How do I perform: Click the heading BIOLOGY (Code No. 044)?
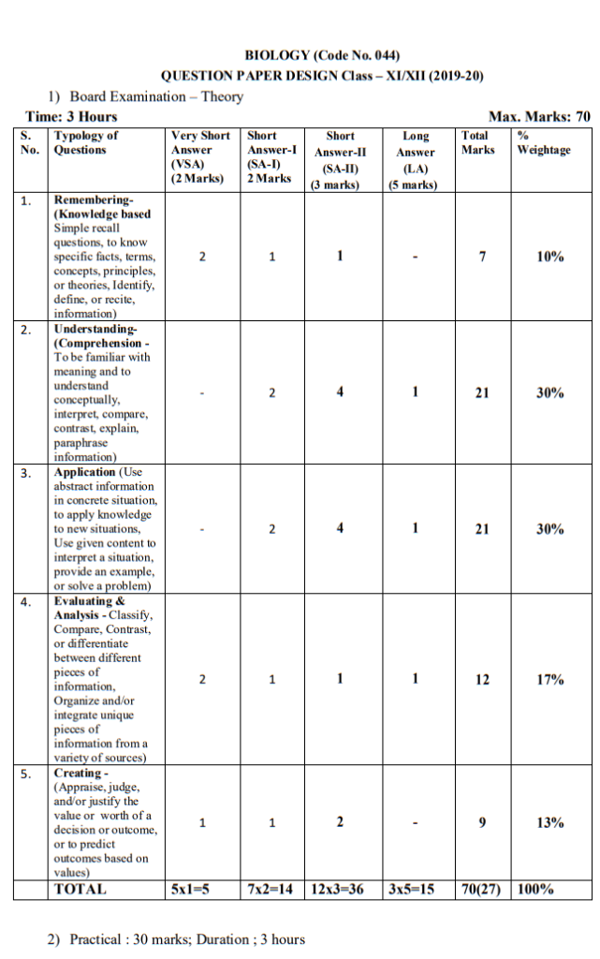tap(322, 56)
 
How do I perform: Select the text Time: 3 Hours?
tap(71, 116)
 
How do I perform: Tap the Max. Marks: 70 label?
tap(539, 116)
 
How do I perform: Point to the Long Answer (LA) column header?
tap(415, 160)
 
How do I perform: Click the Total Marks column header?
tap(477, 142)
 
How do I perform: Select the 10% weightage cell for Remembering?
tap(549, 257)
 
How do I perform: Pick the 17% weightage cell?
tap(549, 680)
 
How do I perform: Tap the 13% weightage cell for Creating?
tap(549, 822)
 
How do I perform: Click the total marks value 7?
tap(481, 257)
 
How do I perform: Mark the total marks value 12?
tap(481, 680)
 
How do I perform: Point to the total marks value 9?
tap(481, 822)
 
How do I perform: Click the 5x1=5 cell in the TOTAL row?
tap(199, 889)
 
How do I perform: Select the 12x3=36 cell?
tap(340, 889)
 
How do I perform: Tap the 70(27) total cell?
tap(481, 889)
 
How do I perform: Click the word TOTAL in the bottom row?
tap(80, 889)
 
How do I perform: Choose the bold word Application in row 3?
tap(84, 472)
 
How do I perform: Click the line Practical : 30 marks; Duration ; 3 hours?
tap(176, 939)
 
